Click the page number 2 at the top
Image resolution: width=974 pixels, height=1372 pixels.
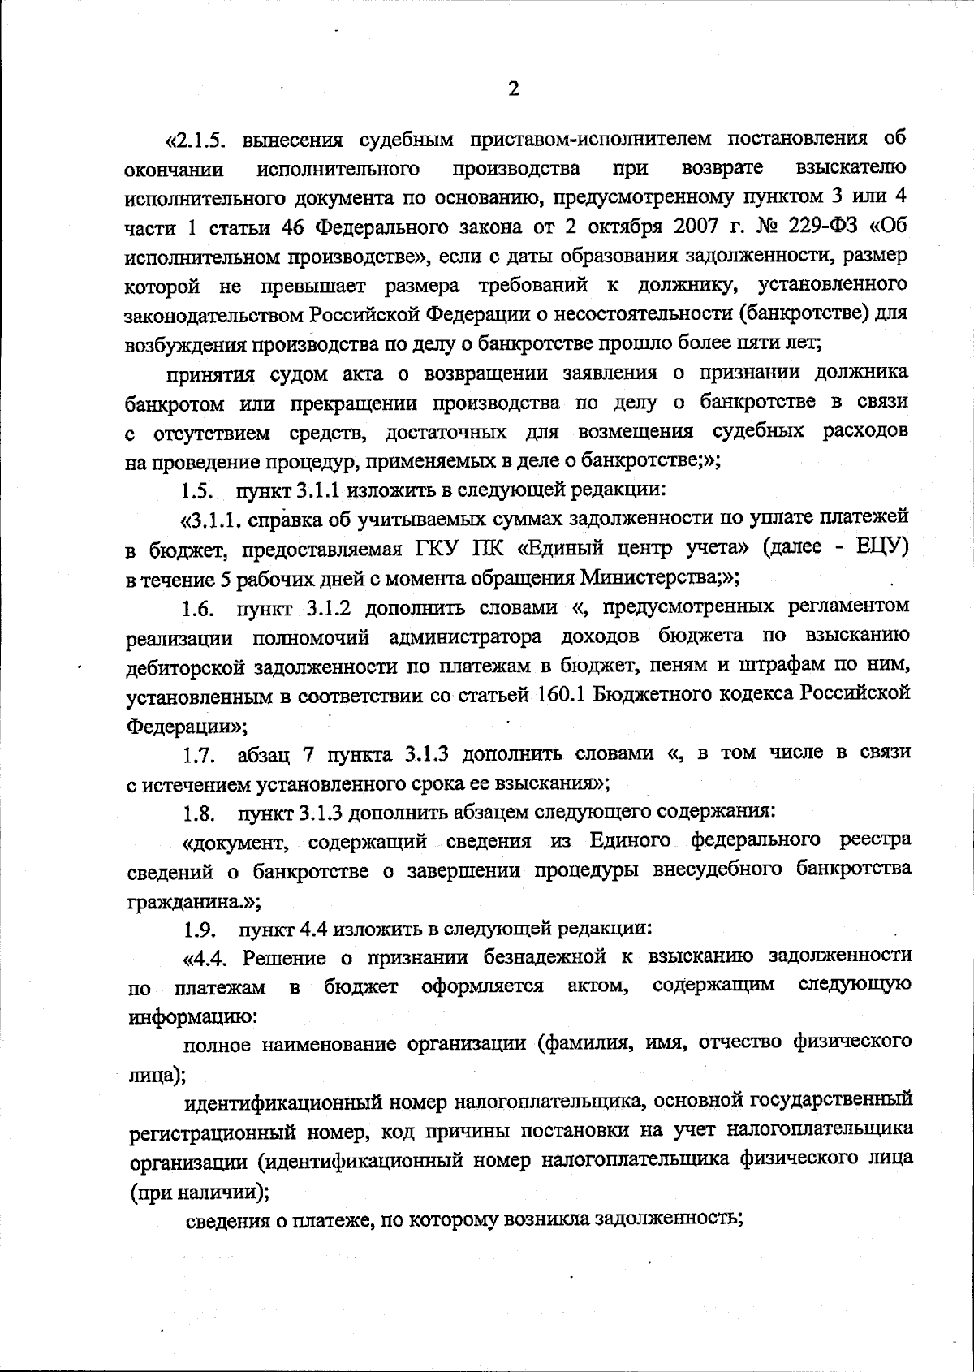pyautogui.click(x=513, y=89)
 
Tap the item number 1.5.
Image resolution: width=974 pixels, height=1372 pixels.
pyautogui.click(x=196, y=491)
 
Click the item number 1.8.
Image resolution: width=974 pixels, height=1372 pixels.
pyautogui.click(x=199, y=812)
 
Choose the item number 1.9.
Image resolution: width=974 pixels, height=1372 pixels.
pyautogui.click(x=199, y=929)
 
